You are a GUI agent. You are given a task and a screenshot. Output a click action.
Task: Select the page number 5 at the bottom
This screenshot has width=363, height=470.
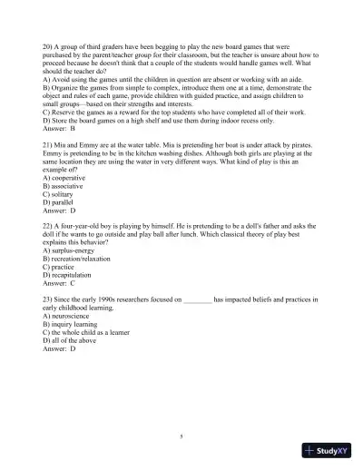click(x=181, y=436)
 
